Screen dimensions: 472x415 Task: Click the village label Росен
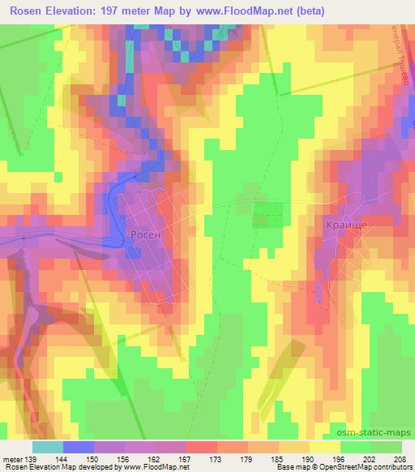146,234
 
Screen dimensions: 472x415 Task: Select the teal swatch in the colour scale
47,446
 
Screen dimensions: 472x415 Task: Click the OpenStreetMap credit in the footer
360,467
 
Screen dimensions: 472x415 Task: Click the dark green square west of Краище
268,214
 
